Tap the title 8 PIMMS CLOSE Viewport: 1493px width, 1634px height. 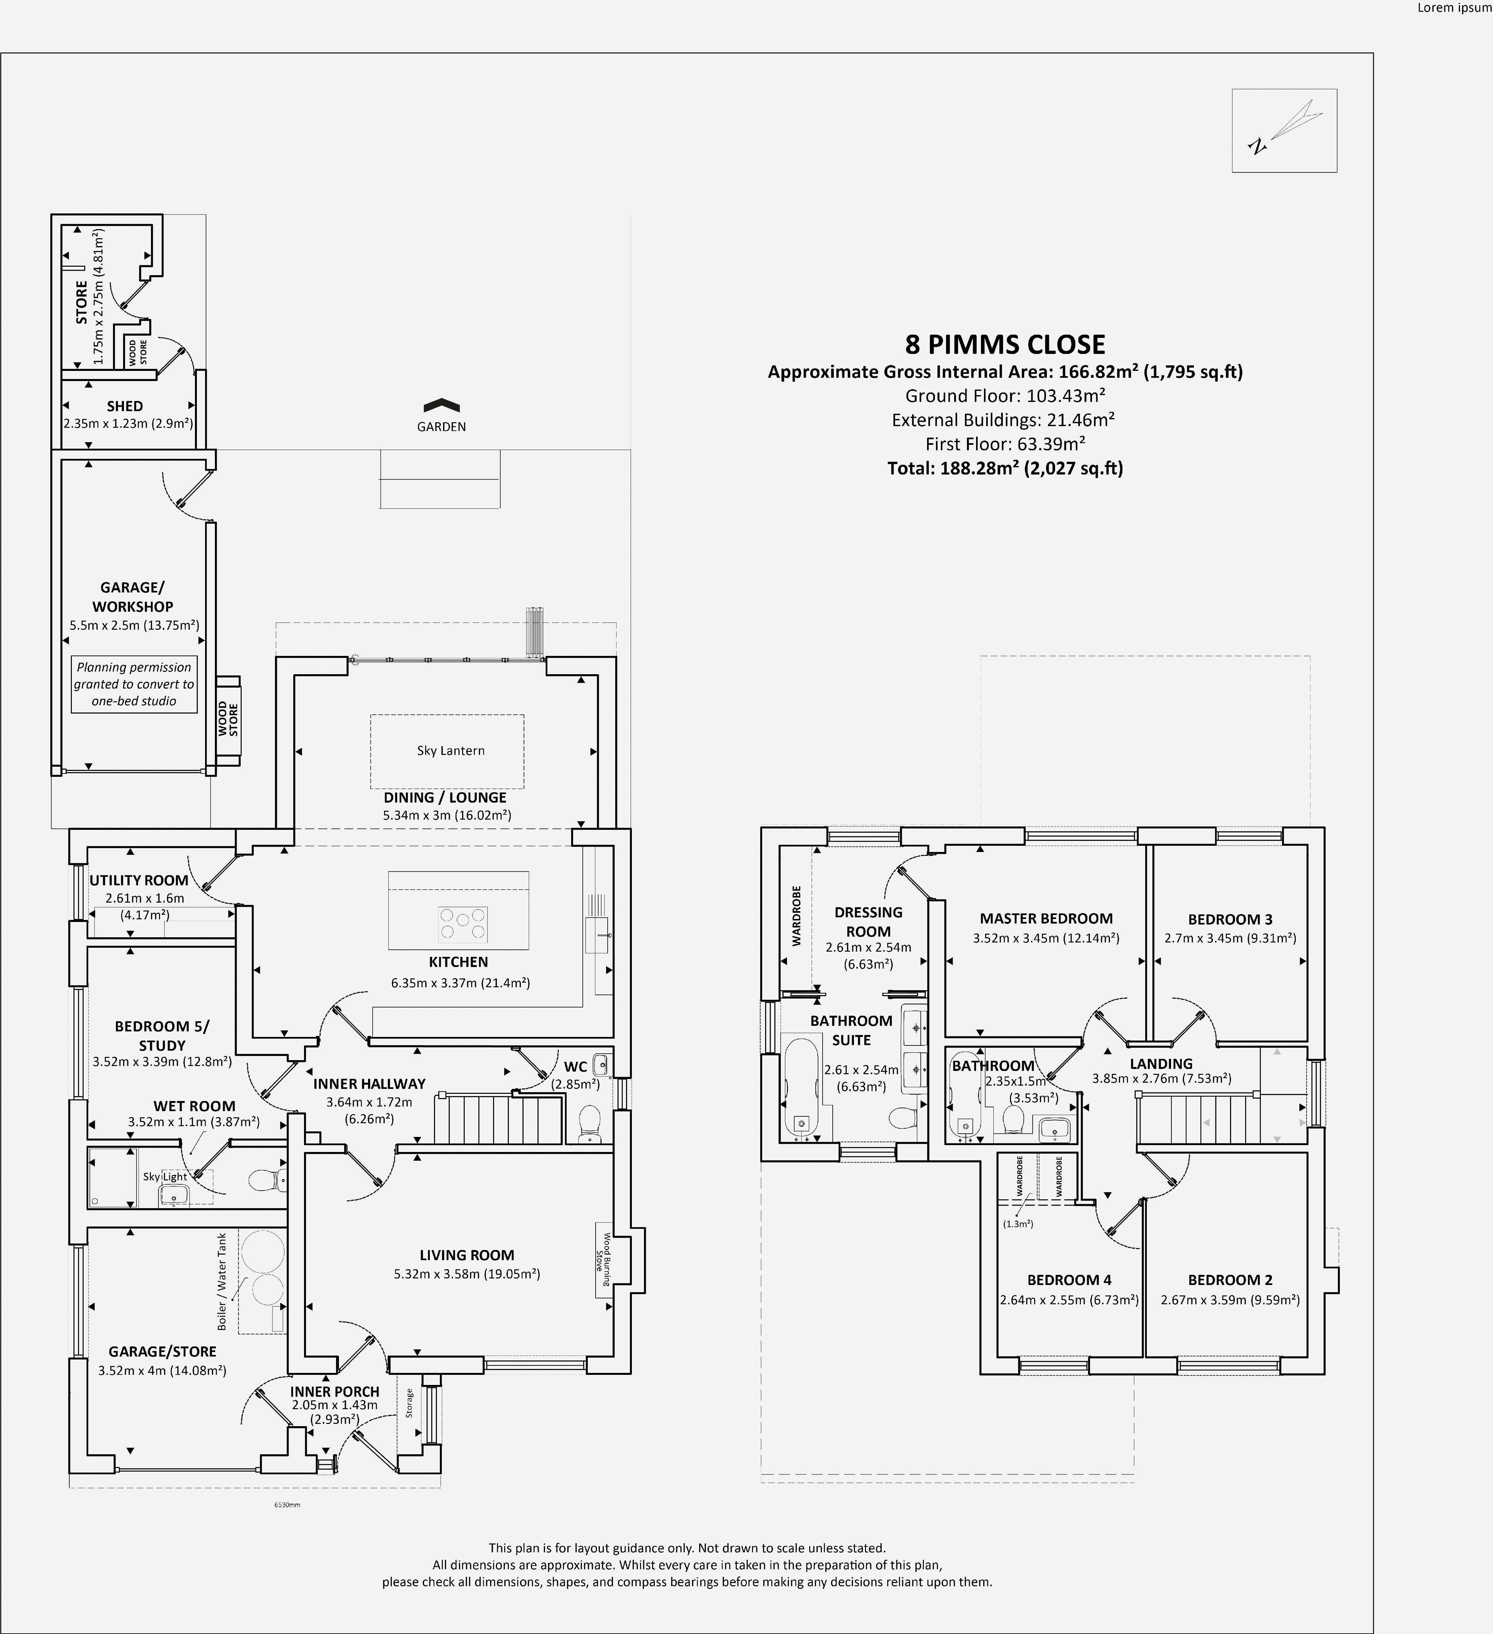(x=1004, y=344)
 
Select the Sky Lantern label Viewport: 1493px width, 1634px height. (x=450, y=751)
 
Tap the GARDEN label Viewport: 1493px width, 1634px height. (x=441, y=426)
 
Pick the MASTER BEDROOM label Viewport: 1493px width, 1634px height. (x=1046, y=918)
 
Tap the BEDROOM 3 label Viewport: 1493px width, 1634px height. (x=1230, y=919)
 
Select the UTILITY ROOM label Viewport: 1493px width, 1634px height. (x=138, y=880)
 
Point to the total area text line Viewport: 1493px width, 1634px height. (x=1004, y=468)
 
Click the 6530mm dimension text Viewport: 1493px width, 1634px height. (x=288, y=1505)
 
